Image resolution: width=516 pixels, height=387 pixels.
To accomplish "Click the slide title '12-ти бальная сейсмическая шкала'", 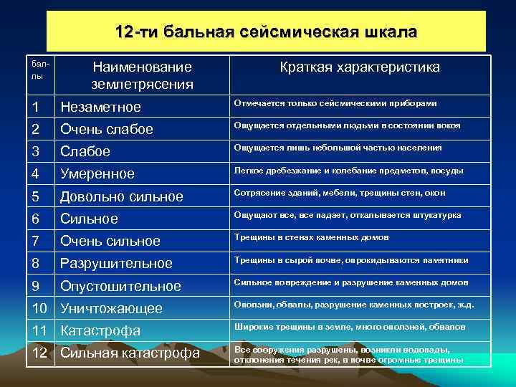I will (x=266, y=33).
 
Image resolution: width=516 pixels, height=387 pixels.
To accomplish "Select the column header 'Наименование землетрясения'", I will (x=142, y=75).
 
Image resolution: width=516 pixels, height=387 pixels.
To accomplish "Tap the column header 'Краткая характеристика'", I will (x=360, y=67).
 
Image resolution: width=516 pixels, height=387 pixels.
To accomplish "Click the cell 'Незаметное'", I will (x=100, y=107).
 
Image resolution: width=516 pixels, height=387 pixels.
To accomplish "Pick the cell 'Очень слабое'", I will (x=107, y=130).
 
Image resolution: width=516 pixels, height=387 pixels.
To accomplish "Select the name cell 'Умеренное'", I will (x=97, y=174).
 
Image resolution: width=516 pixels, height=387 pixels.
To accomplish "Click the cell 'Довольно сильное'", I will (x=122, y=196).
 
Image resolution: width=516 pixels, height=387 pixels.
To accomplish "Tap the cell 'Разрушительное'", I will (x=116, y=263).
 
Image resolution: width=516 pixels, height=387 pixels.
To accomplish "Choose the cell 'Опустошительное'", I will (x=120, y=286).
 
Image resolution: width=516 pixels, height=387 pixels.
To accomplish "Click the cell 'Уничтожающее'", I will (x=111, y=309).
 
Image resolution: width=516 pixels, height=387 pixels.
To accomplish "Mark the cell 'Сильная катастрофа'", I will (x=130, y=353).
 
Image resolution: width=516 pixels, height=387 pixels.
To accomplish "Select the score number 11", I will (x=41, y=331).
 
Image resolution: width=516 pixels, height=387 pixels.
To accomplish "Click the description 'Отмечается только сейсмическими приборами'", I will (x=335, y=103).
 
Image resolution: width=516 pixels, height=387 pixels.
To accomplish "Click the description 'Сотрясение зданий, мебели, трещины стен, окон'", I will (x=340, y=193).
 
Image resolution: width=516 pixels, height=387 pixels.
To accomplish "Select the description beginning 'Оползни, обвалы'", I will (x=354, y=304).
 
